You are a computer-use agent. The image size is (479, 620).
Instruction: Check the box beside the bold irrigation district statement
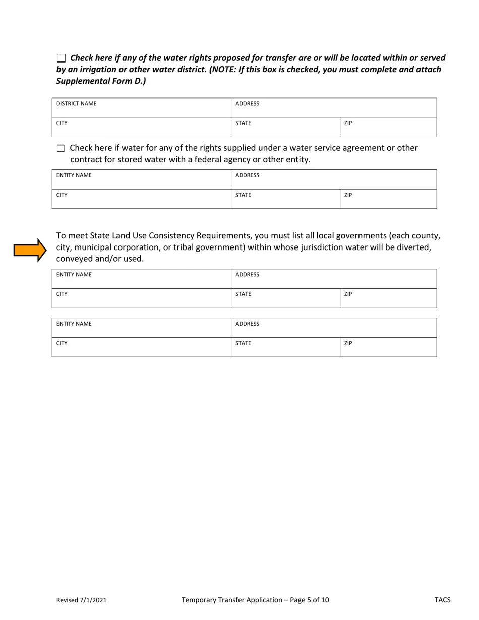(x=61, y=58)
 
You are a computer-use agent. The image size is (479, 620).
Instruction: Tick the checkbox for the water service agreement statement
(x=61, y=149)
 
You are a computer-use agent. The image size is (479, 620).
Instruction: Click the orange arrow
(x=30, y=250)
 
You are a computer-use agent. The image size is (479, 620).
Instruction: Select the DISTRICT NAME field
(x=141, y=108)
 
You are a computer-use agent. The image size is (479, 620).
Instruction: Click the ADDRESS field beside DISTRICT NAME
(x=333, y=108)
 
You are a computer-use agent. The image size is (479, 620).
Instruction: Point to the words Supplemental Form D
(x=100, y=81)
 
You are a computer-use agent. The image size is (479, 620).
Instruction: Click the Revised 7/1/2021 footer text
(x=81, y=600)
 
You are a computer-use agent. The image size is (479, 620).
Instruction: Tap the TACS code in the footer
(x=442, y=600)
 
